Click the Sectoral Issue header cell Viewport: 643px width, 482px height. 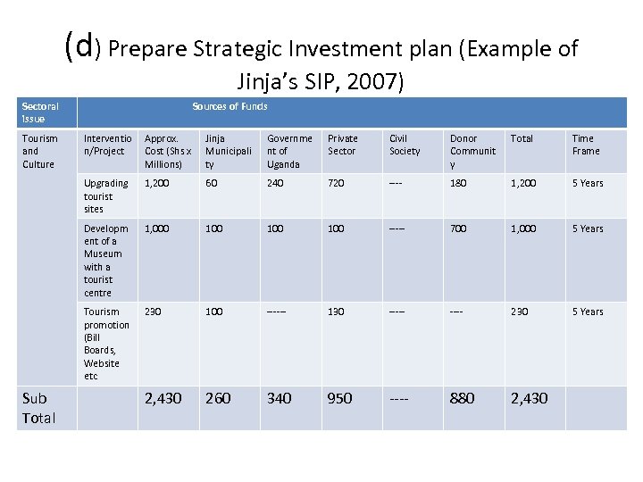[x=40, y=112]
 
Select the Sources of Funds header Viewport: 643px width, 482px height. [x=230, y=107]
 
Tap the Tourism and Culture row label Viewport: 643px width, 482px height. [x=39, y=151]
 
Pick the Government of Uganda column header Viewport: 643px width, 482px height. [x=289, y=151]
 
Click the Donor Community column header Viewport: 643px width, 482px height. [x=472, y=151]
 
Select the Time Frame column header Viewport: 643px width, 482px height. [x=586, y=145]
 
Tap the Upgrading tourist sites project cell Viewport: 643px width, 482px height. [x=105, y=195]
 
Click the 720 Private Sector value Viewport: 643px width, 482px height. [x=338, y=183]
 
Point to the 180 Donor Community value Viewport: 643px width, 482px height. [x=459, y=183]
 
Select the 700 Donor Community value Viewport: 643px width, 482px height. [x=459, y=229]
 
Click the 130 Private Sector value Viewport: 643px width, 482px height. [x=338, y=312]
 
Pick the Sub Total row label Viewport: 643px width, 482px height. [x=38, y=408]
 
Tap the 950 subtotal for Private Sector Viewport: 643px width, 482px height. [x=340, y=398]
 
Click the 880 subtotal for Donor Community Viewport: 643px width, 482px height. [x=463, y=398]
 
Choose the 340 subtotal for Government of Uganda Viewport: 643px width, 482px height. [x=280, y=398]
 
